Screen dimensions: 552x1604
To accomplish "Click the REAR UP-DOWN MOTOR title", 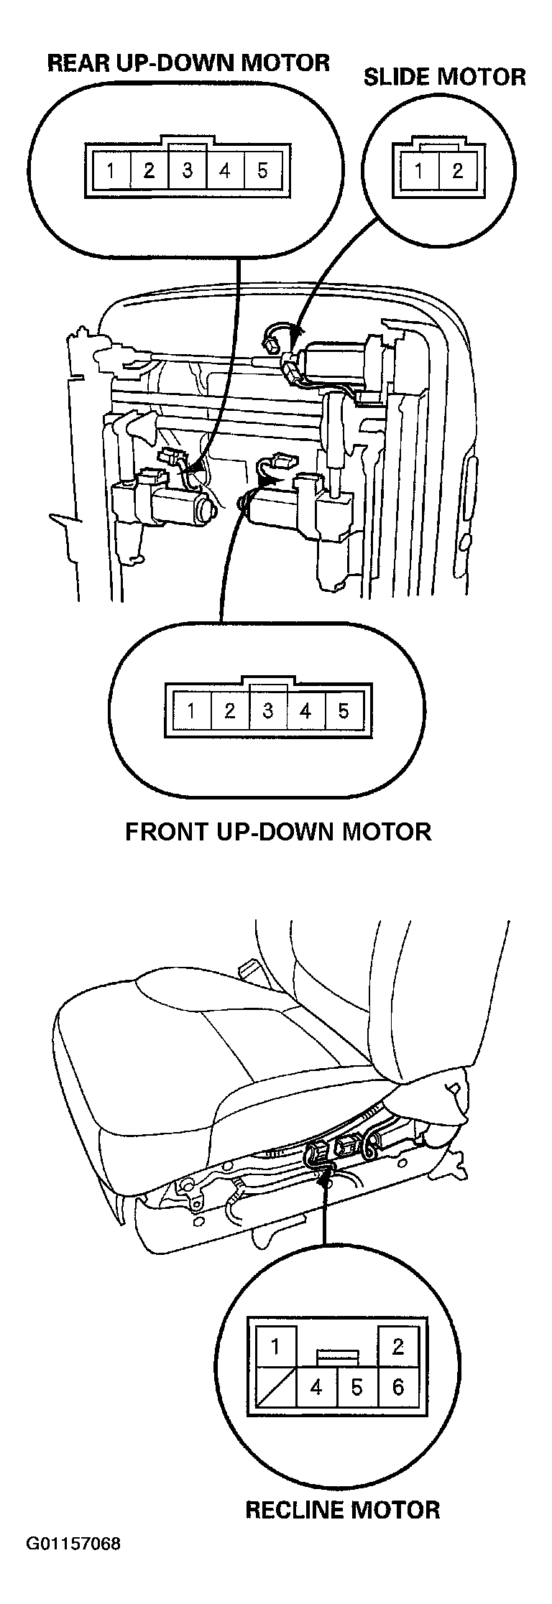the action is (188, 62).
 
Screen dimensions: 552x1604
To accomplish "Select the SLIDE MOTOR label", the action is (444, 77).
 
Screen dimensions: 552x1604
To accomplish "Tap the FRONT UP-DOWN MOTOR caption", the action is (278, 831).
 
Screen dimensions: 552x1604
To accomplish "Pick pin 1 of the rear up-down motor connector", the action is (110, 171).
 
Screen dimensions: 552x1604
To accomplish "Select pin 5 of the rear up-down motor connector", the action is (262, 171).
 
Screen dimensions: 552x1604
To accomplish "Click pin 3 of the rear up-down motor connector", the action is (187, 171).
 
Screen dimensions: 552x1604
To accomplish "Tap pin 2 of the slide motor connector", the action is (457, 171).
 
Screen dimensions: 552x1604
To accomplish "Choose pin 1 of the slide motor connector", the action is (418, 171).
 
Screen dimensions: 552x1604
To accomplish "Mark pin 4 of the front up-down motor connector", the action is (305, 711).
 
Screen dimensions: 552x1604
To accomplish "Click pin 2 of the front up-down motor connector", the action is (229, 711).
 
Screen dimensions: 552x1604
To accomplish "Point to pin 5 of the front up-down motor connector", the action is (344, 711).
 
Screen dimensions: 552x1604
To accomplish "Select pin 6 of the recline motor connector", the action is (398, 1387).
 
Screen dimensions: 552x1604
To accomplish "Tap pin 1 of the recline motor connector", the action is (275, 1345).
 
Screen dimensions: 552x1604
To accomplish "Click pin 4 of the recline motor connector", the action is (316, 1387).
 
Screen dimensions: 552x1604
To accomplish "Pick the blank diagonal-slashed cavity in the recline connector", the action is (275, 1387).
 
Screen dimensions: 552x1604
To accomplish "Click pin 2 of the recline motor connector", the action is (398, 1345).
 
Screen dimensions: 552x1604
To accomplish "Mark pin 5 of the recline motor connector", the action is (357, 1387).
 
